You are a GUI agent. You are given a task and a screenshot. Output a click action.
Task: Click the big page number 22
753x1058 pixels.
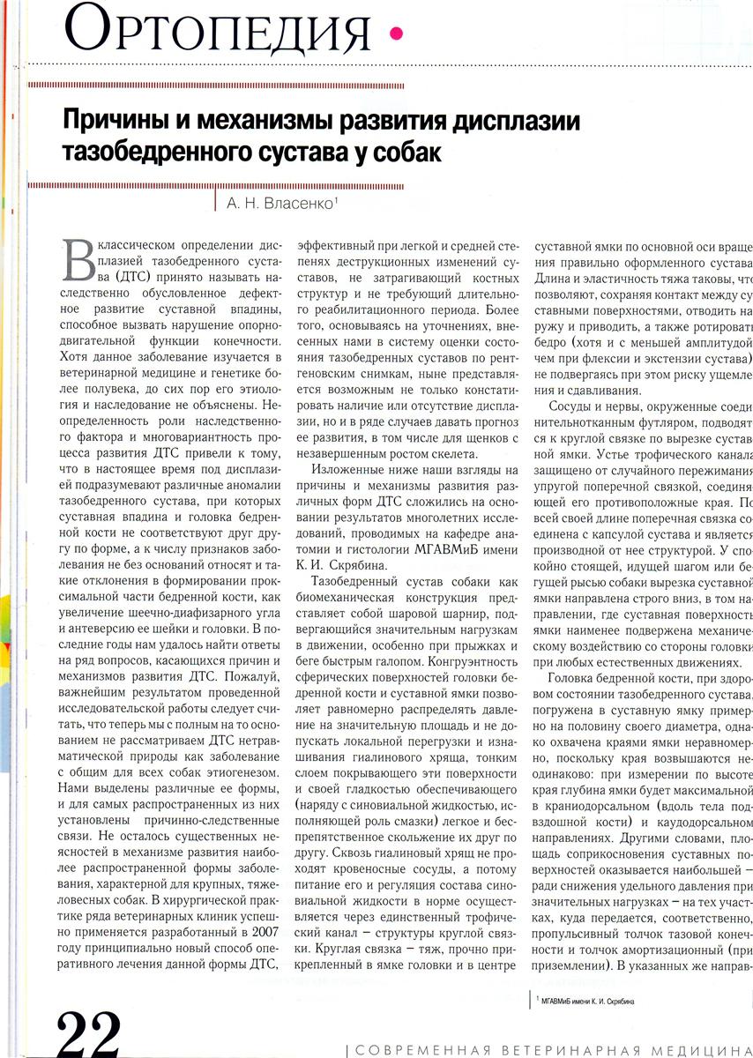(89, 1032)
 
